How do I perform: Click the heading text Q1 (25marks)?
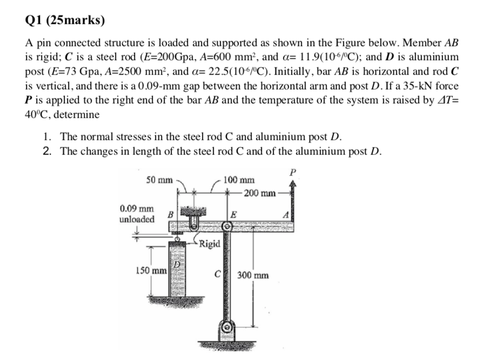coord(65,21)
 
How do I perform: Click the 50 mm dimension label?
coord(159,179)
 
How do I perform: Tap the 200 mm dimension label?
coord(260,193)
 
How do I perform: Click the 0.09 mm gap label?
coord(136,208)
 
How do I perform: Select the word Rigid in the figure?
coord(210,244)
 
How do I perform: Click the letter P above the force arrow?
coord(293,173)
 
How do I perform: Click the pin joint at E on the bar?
coord(227,228)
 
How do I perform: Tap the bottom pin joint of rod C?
coord(227,327)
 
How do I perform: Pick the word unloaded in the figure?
coord(137,219)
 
